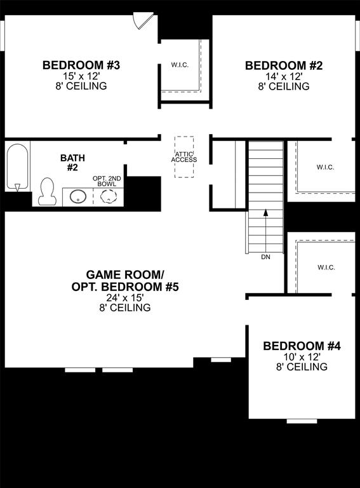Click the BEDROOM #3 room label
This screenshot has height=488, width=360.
[x=81, y=65]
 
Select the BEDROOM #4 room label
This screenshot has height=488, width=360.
[x=302, y=346]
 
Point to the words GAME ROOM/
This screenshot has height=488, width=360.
[x=124, y=274]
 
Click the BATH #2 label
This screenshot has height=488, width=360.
[x=72, y=162]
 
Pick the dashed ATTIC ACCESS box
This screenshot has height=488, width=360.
[x=184, y=157]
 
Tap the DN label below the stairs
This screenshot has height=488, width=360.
[x=265, y=257]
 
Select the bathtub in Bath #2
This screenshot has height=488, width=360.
[x=17, y=166]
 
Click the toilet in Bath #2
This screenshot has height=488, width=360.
[x=47, y=191]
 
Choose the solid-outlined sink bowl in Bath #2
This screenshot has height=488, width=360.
[x=79, y=196]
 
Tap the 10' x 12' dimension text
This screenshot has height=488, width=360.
[x=302, y=357]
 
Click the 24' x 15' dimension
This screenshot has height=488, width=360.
[x=124, y=297]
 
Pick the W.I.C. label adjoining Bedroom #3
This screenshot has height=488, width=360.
[x=180, y=65]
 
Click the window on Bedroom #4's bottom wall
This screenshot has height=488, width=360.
[x=302, y=421]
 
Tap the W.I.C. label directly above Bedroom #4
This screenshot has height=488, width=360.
[x=325, y=268]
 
